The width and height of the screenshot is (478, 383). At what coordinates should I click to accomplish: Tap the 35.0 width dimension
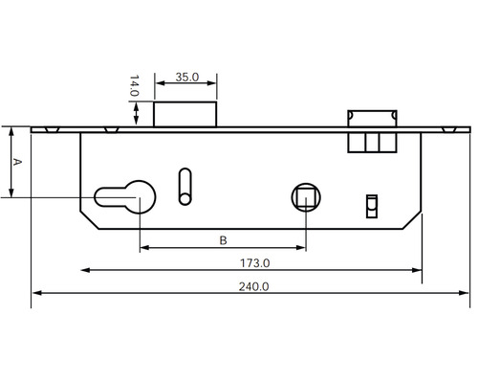pos(188,78)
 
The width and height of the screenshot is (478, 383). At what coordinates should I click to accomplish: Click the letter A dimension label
pos(14,163)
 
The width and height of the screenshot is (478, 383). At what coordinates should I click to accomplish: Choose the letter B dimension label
pos(223,239)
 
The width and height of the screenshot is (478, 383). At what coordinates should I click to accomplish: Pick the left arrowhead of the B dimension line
pos(144,248)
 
